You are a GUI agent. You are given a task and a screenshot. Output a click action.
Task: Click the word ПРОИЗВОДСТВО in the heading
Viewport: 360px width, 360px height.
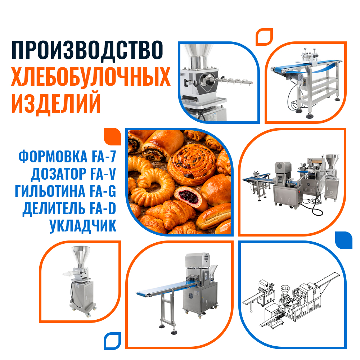(x=87, y=50)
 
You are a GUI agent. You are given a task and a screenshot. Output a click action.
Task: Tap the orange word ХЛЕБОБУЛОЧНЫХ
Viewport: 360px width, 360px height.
(x=91, y=77)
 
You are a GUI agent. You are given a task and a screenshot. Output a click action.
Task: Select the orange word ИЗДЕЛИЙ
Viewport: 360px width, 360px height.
(x=56, y=103)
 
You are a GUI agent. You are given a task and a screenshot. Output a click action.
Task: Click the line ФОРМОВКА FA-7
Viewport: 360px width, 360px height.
(x=67, y=157)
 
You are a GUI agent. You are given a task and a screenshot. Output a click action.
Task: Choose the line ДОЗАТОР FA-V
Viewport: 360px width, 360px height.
(x=73, y=174)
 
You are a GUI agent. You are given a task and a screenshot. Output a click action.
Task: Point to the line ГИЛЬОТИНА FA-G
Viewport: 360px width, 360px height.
(x=66, y=191)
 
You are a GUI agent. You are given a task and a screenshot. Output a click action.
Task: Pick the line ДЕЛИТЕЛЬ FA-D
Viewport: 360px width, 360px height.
(x=69, y=209)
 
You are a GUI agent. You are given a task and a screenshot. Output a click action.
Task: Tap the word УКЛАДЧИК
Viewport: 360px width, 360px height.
(x=83, y=226)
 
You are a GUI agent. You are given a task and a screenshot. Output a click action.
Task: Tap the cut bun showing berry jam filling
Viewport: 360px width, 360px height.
(x=189, y=197)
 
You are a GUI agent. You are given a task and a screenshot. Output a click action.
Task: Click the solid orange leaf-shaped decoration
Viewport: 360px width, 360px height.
(x=112, y=136)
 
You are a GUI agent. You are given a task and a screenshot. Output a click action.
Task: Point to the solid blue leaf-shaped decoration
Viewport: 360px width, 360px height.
(x=344, y=240)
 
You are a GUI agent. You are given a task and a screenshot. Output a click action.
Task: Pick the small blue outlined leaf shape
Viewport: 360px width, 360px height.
(x=112, y=341)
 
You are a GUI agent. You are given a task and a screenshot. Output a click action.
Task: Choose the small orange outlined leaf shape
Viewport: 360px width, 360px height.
(x=264, y=37)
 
